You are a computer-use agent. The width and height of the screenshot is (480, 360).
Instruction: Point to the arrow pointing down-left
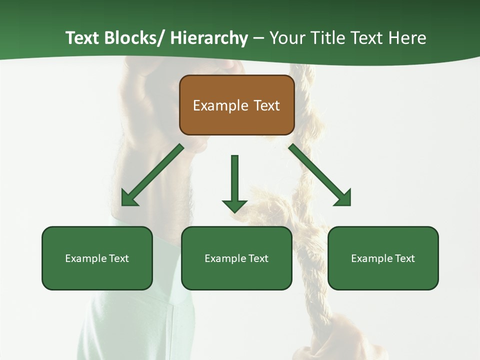coord(152,175)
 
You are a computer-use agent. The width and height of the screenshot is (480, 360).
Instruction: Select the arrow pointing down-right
coord(320,175)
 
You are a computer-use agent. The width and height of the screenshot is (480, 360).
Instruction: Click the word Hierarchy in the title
coord(209,38)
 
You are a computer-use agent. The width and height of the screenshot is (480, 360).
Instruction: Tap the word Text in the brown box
coord(266,105)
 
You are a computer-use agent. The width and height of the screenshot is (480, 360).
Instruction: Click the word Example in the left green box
coord(86,258)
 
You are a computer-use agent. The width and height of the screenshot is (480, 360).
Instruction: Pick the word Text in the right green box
coord(404,258)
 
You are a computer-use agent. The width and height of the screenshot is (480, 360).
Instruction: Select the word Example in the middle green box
coord(225,258)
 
